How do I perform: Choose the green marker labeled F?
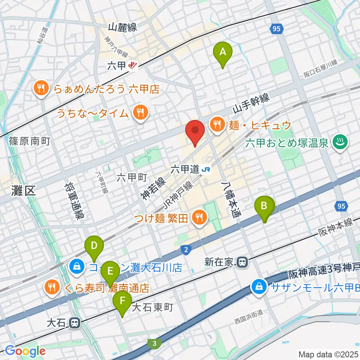click(x=122, y=301)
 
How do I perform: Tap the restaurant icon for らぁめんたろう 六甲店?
click(x=40, y=89)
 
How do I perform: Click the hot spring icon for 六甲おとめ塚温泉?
click(x=341, y=142)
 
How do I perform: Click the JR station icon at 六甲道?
click(x=206, y=169)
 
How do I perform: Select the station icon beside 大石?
click(x=75, y=322)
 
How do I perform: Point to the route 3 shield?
click(x=154, y=343)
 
